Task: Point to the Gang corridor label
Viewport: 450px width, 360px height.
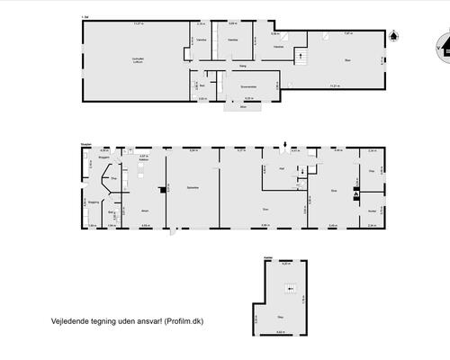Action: pyautogui.click(x=243, y=66)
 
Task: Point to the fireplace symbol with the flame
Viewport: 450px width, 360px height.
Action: pyautogui.click(x=356, y=192)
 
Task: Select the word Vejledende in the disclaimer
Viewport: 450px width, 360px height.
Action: pyautogui.click(x=67, y=319)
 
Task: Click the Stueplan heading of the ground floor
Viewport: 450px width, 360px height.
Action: pyautogui.click(x=85, y=142)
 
